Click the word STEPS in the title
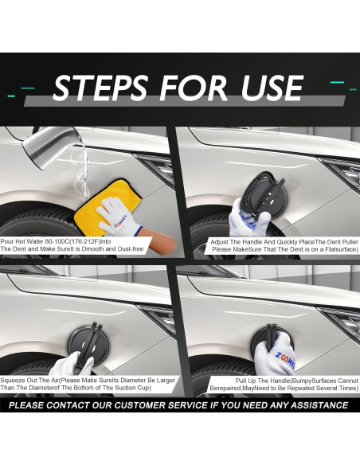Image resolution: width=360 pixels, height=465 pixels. click(100, 88)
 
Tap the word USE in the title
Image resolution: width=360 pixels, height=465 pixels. click(272, 88)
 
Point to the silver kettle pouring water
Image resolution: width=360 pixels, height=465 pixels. click(50, 147)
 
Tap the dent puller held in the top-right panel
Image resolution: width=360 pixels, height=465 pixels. click(264, 195)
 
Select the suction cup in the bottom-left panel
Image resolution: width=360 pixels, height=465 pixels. click(88, 345)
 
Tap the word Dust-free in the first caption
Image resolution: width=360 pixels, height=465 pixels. click(130, 248)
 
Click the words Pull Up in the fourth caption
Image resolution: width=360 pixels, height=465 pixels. click(245, 381)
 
